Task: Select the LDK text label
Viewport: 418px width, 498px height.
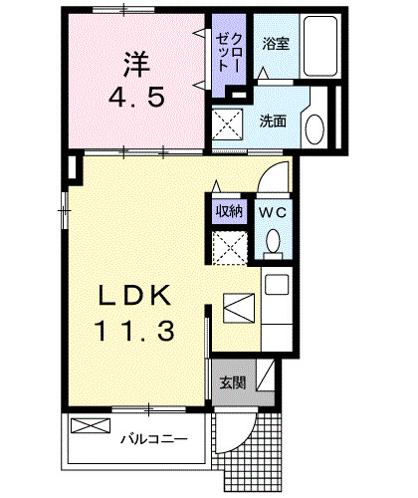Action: pos(134,296)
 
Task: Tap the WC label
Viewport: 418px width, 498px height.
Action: pos(273,211)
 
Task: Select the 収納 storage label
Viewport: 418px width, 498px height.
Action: pos(229,211)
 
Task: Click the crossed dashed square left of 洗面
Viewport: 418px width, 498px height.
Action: pos(228,125)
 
